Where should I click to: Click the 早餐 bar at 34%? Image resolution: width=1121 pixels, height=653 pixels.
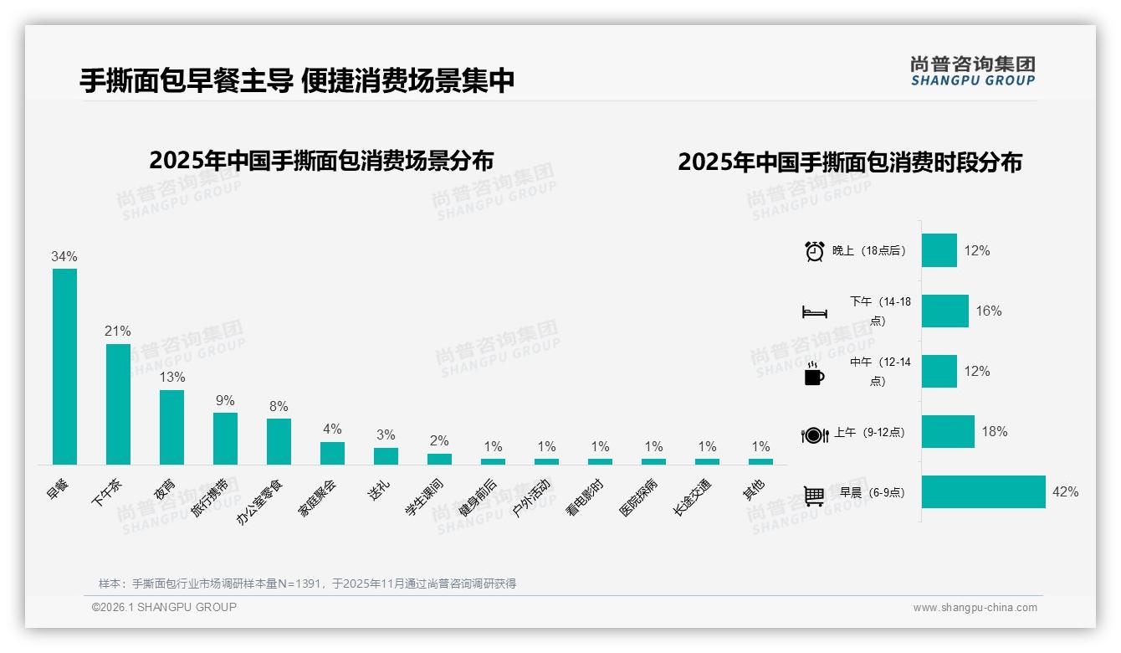(64, 366)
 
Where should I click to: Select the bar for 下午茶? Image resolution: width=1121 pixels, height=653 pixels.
(118, 404)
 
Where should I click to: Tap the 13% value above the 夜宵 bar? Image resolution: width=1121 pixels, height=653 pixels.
(171, 377)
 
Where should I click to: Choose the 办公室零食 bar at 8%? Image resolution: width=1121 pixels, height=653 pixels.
(279, 441)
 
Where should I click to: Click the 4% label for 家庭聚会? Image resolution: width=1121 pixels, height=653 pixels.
(332, 429)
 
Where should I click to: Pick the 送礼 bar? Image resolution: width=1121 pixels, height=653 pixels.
(386, 455)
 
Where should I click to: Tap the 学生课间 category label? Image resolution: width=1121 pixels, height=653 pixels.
(425, 496)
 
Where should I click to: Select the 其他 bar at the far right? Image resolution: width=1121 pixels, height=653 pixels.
(760, 461)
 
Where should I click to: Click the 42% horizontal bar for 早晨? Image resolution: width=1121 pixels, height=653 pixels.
(983, 491)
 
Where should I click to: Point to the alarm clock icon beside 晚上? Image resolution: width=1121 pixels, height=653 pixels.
(814, 250)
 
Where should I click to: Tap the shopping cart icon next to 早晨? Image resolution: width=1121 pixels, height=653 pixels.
(814, 495)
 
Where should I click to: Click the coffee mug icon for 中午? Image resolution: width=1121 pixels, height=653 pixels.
(813, 373)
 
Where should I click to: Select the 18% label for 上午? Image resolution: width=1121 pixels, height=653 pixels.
(994, 431)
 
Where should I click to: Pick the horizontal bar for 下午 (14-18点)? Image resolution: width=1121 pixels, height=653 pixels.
(944, 311)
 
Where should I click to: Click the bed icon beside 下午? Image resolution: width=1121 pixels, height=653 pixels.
(814, 312)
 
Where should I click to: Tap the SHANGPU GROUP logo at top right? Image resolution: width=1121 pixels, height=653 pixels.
(972, 70)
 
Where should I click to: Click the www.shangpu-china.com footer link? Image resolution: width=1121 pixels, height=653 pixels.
(975, 608)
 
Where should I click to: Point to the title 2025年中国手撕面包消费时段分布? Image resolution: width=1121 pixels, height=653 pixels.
(849, 162)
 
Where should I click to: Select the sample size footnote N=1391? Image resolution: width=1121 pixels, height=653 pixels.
(307, 584)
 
